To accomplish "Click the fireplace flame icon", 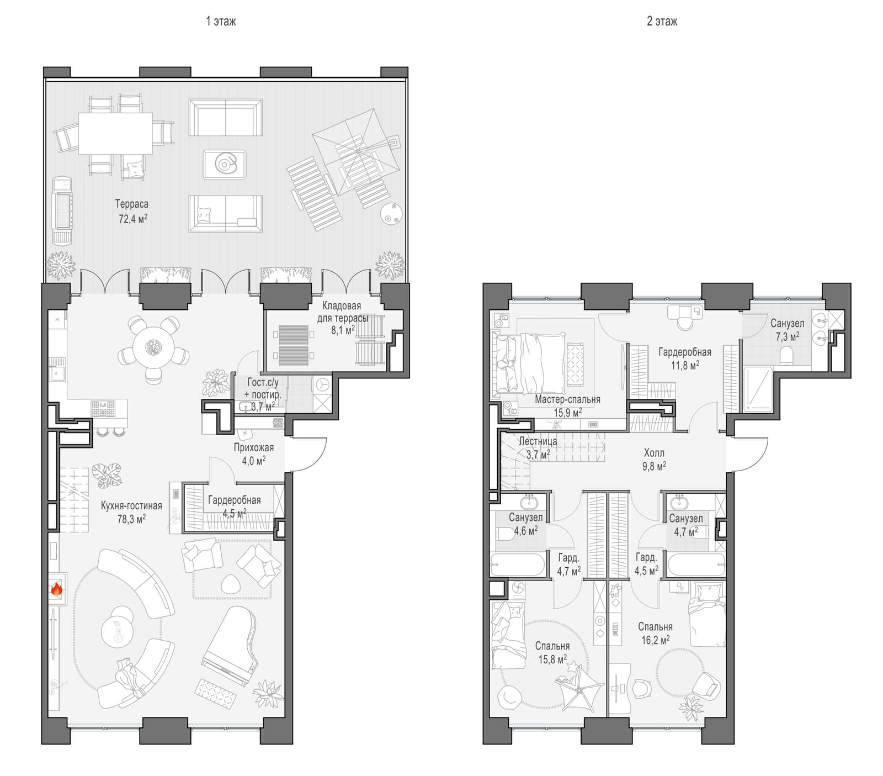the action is pos(56,589).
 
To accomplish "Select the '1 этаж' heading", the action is pos(221,22).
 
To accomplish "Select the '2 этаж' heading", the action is pos(662,22).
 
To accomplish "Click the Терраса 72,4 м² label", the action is pos(132,211).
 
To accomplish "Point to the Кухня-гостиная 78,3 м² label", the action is pos(131,512).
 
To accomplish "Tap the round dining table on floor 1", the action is pos(153,347).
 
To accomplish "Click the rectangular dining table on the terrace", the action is pos(115,133).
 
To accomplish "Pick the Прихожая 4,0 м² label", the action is pos(253,453).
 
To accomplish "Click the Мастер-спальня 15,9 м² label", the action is pos(567,405).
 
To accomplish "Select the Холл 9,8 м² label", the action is pos(654,460).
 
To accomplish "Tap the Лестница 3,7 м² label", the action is pos(538,448).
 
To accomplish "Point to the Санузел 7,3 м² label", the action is pos(787,330).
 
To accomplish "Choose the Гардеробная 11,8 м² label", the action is pos(685,358).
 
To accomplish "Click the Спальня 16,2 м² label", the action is pos(656,634).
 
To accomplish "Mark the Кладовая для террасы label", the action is pos(342,312).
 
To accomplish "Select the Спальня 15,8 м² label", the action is pos(552,652).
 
